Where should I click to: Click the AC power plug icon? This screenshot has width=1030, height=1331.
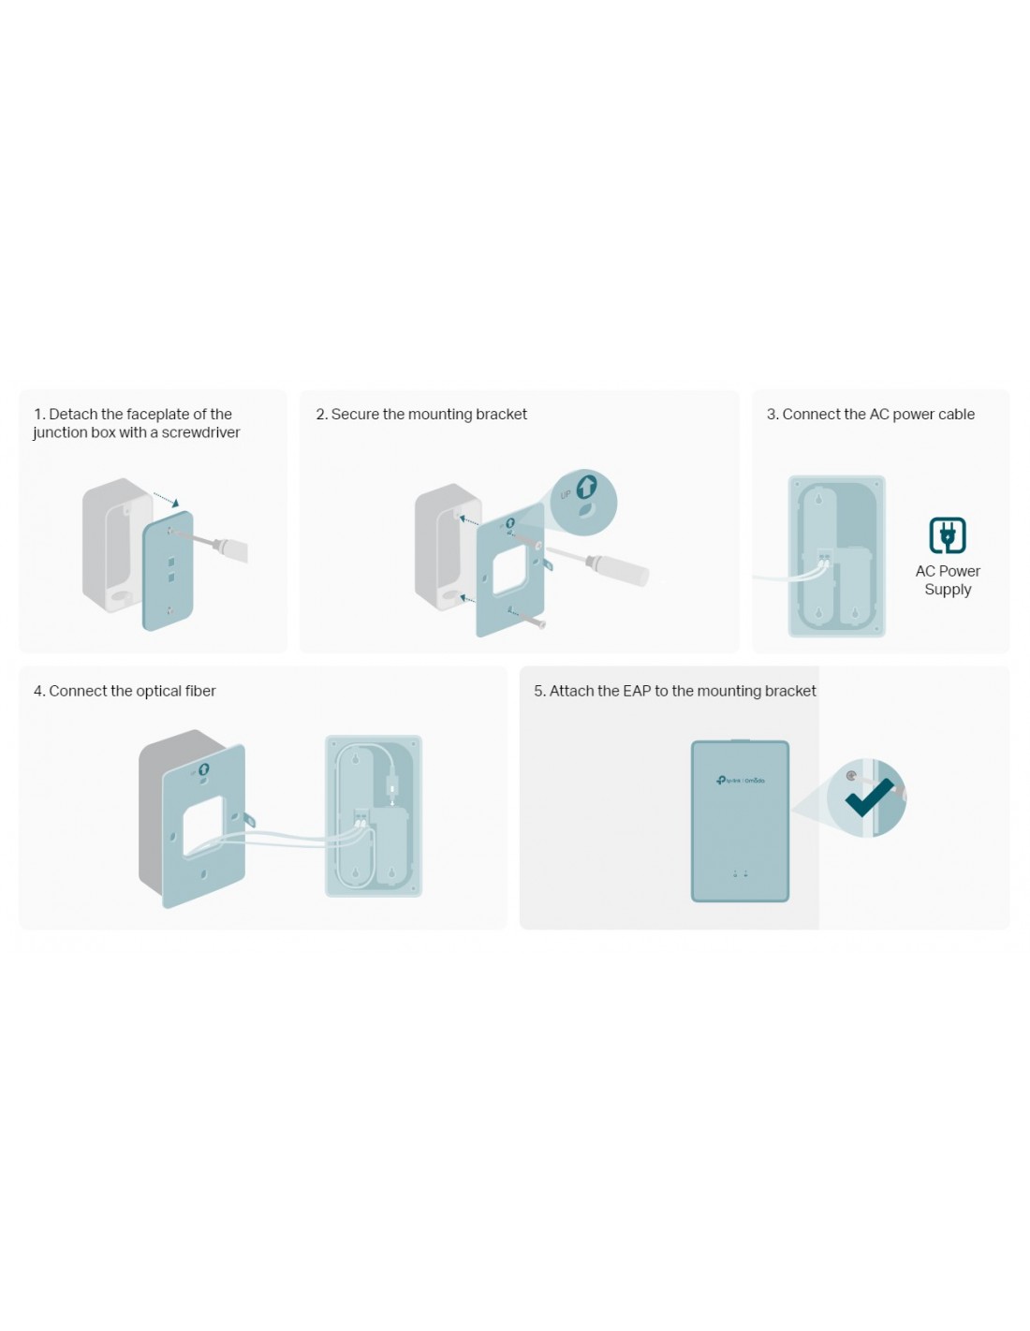coord(948,535)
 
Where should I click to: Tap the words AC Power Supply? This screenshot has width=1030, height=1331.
coord(948,580)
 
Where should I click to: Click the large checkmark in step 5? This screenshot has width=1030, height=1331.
coord(869,797)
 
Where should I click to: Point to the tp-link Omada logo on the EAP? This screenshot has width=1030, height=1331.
coord(740,781)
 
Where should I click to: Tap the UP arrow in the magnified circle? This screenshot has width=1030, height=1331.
coord(587,485)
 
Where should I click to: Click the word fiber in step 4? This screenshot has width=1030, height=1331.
coord(200,691)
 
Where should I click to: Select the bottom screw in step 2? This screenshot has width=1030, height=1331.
coord(532,621)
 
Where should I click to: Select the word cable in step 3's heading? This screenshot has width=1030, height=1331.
coord(956,414)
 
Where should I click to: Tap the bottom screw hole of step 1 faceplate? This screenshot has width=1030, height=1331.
coord(169,610)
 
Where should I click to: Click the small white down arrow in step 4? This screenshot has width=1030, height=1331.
coord(392,804)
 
